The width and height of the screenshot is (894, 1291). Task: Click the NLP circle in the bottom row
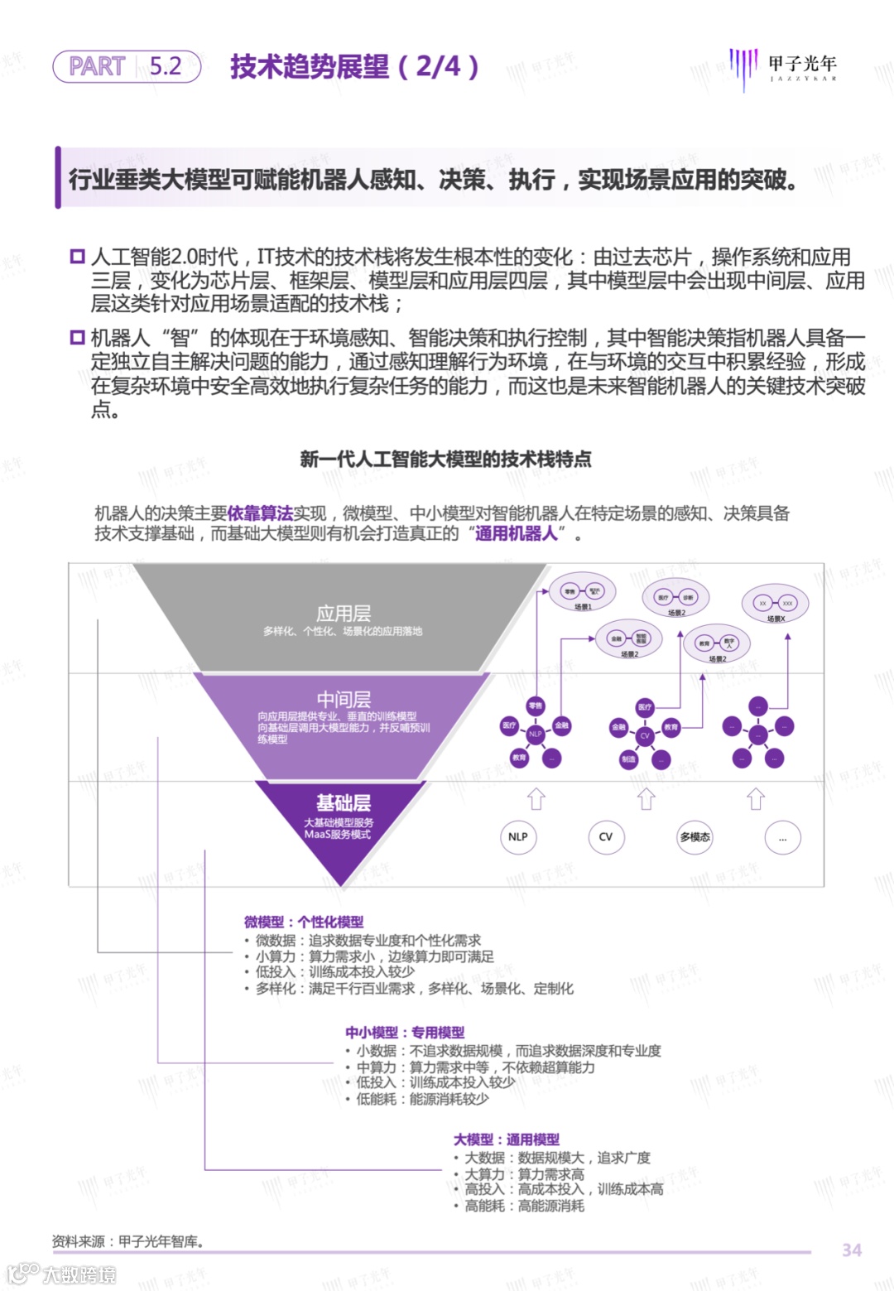pyautogui.click(x=518, y=836)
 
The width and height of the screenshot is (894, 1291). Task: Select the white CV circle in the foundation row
pyautogui.click(x=606, y=836)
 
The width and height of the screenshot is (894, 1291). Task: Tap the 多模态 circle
pyautogui.click(x=695, y=837)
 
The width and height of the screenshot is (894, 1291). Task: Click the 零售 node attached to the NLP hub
pyautogui.click(x=536, y=706)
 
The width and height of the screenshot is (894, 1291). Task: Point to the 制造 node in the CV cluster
pyautogui.click(x=629, y=759)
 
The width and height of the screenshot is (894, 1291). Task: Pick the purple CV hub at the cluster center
pyautogui.click(x=645, y=735)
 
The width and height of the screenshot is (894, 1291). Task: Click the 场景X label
pyautogui.click(x=776, y=619)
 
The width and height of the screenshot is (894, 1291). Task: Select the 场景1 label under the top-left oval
pyautogui.click(x=583, y=607)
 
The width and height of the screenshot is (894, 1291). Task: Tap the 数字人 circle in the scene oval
pyautogui.click(x=729, y=643)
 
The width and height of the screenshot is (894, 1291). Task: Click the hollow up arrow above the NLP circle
pyautogui.click(x=536, y=799)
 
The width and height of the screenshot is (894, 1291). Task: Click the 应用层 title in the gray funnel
pyautogui.click(x=344, y=614)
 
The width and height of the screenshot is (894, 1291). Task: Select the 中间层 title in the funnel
pyautogui.click(x=344, y=700)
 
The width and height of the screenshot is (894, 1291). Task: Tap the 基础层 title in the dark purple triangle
pyautogui.click(x=344, y=802)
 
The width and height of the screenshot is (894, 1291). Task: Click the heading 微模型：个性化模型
pyautogui.click(x=304, y=922)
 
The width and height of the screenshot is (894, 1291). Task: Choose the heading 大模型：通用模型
pyautogui.click(x=507, y=1139)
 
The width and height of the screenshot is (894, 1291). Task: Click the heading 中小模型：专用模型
pyautogui.click(x=405, y=1033)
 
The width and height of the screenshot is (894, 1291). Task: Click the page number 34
pyautogui.click(x=852, y=1250)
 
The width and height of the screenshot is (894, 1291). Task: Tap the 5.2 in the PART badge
pyautogui.click(x=166, y=66)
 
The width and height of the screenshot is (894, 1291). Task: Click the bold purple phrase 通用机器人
pyautogui.click(x=516, y=533)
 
